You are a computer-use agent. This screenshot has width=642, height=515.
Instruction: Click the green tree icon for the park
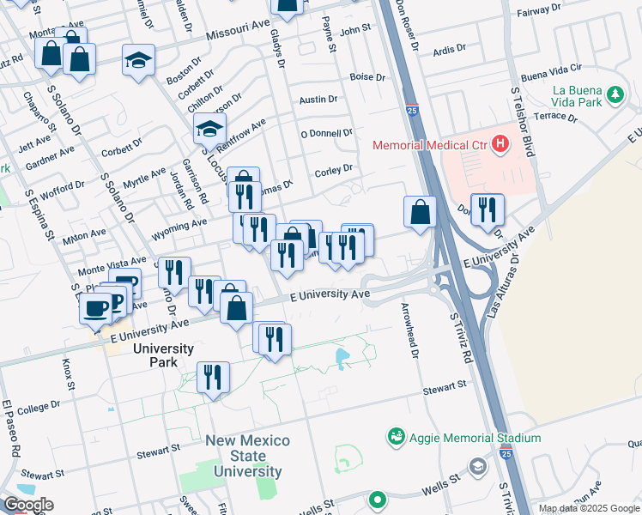point(615,96)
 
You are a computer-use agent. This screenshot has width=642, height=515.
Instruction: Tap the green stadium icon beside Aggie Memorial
point(396,438)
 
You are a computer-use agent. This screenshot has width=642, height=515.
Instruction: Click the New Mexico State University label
point(247,456)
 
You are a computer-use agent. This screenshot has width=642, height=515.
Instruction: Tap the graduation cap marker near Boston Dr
point(138,61)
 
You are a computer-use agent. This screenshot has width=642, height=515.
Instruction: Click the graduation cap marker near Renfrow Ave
point(209,130)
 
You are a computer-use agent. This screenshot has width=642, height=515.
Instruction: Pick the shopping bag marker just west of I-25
point(421,212)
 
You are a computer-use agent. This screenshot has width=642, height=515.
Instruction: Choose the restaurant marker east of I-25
point(487,209)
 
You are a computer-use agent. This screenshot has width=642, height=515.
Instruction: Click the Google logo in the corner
point(27,505)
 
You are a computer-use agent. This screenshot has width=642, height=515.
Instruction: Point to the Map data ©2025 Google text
point(588,509)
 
